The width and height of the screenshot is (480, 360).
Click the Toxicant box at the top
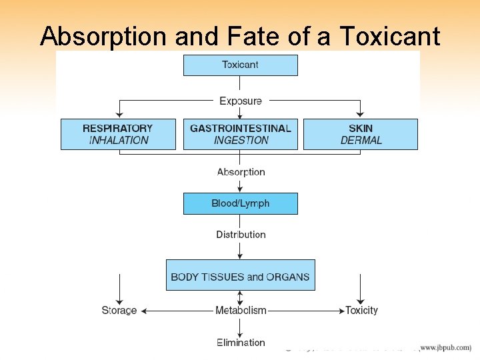click(x=240, y=65)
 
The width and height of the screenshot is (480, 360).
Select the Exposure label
click(x=241, y=101)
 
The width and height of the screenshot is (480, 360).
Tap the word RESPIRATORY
click(x=117, y=128)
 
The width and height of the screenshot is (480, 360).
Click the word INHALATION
click(x=118, y=141)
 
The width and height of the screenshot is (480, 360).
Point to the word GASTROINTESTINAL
click(x=241, y=128)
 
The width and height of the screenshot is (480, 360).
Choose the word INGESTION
click(x=241, y=141)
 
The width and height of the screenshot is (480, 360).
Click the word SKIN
click(x=361, y=128)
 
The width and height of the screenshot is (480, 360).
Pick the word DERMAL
click(x=361, y=141)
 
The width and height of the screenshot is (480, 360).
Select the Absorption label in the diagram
click(x=241, y=172)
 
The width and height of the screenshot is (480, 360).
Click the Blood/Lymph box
click(x=240, y=203)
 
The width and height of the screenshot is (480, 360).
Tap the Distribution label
click(x=241, y=235)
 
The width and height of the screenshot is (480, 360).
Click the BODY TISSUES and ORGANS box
click(x=240, y=276)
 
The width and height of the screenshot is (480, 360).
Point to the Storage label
click(x=119, y=311)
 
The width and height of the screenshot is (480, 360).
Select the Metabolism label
click(x=241, y=311)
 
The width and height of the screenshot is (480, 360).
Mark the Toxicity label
click(x=361, y=311)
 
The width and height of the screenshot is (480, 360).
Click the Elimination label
click(x=241, y=343)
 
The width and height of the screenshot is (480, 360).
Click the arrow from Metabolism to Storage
click(x=177, y=311)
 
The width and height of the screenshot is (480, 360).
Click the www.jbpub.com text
click(x=445, y=348)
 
